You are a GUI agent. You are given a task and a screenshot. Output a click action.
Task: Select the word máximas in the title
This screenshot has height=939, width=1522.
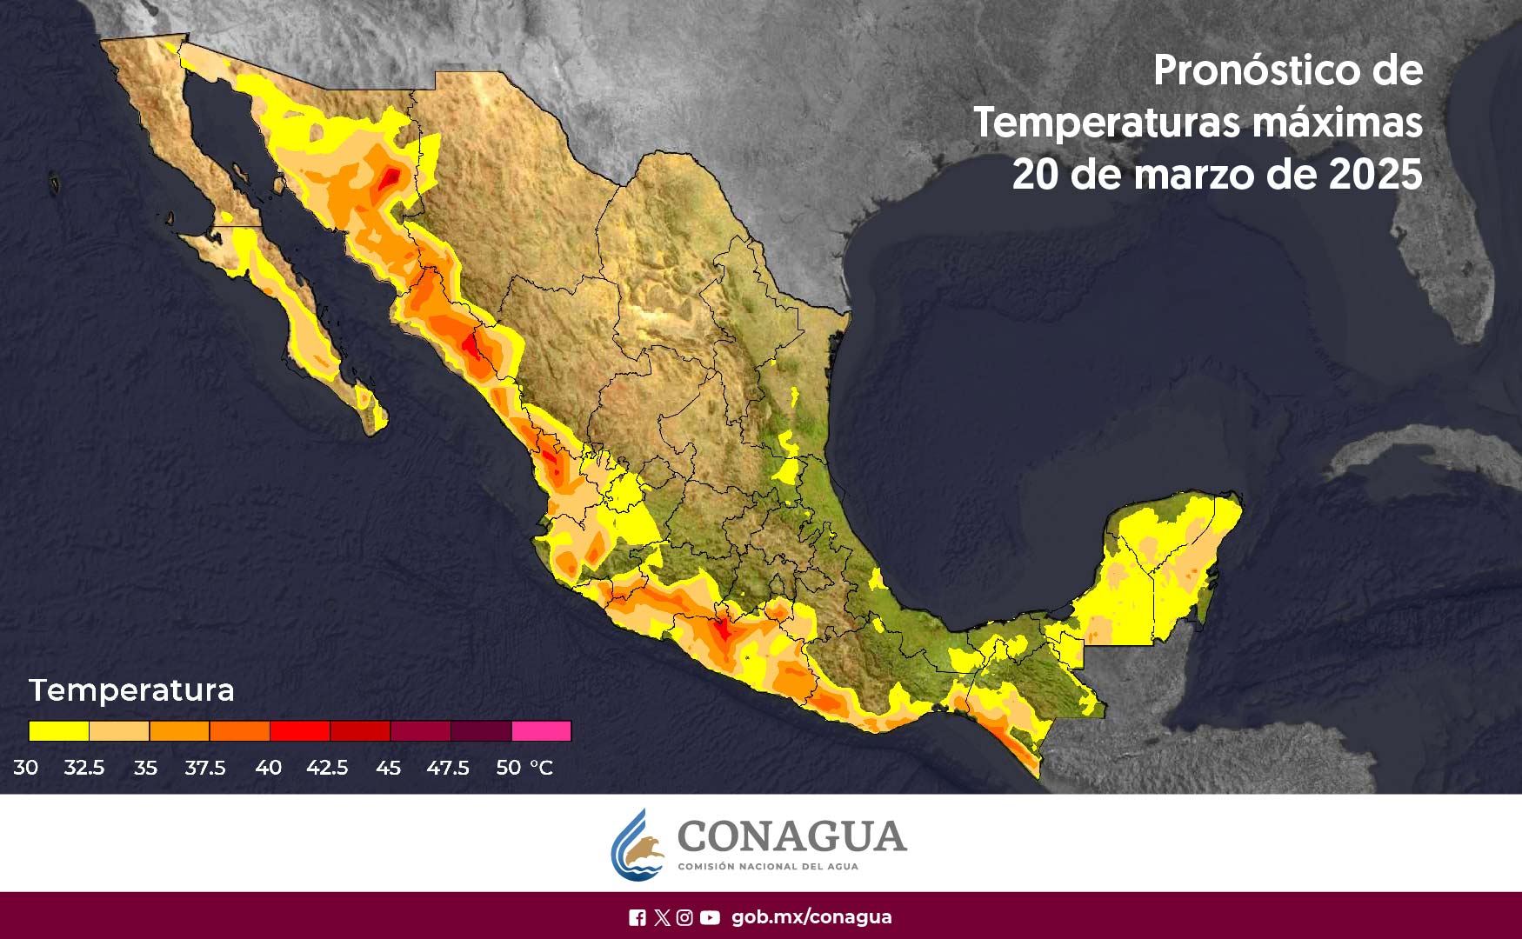tap(1337, 123)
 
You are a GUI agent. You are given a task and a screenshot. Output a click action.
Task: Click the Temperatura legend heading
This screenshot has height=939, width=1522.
tap(131, 690)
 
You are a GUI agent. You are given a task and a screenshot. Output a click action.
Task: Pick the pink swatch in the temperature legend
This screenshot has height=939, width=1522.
tap(541, 731)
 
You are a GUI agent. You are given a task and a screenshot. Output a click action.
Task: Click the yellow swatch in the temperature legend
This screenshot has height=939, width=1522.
tap(58, 731)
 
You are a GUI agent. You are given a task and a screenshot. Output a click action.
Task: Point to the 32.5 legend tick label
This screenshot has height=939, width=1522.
tap(84, 768)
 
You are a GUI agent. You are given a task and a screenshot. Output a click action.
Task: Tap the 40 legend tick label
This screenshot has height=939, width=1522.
tap(268, 768)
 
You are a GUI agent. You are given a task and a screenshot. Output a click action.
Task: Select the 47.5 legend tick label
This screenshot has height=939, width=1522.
tap(448, 768)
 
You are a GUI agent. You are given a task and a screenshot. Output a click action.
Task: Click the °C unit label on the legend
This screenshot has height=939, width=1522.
tap(541, 768)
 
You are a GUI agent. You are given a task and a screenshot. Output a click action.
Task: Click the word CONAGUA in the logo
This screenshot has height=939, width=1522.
tap(791, 836)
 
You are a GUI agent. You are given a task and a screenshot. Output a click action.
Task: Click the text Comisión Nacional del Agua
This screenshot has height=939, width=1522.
tap(767, 867)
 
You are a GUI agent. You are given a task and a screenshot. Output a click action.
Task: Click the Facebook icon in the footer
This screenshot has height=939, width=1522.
tap(637, 917)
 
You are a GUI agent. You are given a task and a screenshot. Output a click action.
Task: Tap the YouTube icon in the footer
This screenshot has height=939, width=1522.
tap(710, 917)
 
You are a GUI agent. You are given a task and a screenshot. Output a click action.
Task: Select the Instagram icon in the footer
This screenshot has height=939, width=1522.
tap(684, 917)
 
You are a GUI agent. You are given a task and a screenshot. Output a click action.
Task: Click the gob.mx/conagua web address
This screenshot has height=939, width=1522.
tap(811, 917)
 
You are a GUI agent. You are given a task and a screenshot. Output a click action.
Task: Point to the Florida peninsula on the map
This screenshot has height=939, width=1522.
tap(1448, 261)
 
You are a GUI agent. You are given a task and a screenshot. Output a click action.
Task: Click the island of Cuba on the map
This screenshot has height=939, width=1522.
tap(1426, 452)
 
